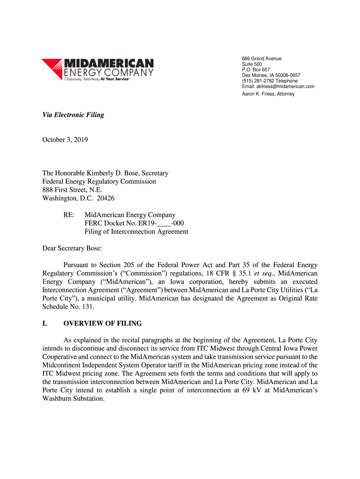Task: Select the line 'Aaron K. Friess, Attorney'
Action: pyautogui.click(x=268, y=94)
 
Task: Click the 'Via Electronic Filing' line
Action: pyautogui.click(x=73, y=115)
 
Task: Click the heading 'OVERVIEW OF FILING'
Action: pyautogui.click(x=102, y=324)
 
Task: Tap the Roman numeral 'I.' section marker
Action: pyautogui.click(x=45, y=324)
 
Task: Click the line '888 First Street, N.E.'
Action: pyautogui.click(x=72, y=190)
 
